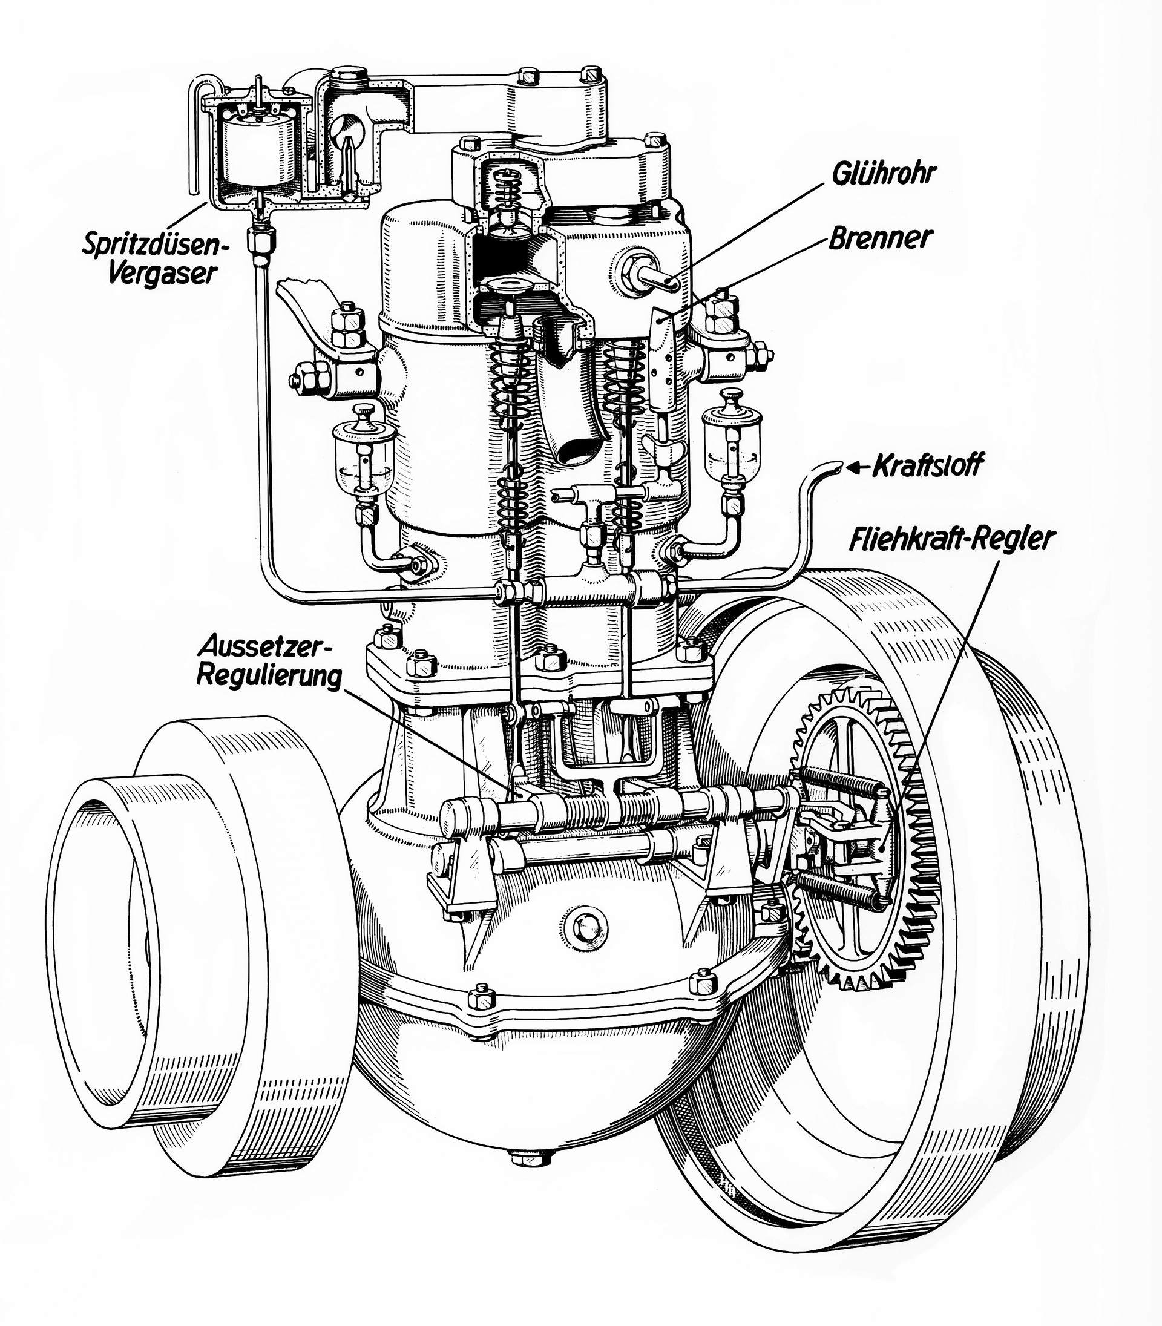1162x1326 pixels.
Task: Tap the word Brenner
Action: [x=881, y=238]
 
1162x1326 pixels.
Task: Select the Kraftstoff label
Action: [x=926, y=466]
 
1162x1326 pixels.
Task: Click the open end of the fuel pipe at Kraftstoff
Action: [x=836, y=465]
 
